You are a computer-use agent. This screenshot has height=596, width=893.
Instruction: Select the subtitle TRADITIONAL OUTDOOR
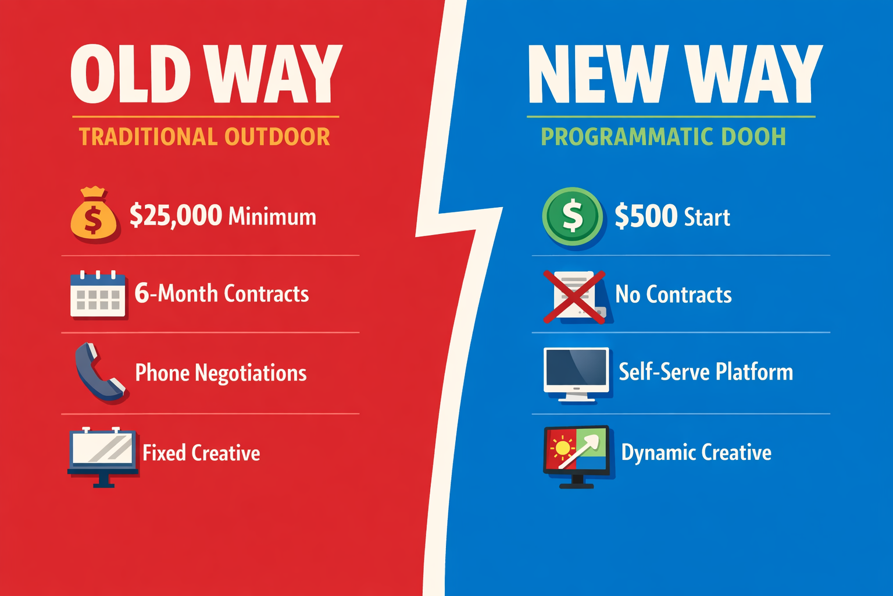tap(205, 137)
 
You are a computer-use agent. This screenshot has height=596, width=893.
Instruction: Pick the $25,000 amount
tap(176, 215)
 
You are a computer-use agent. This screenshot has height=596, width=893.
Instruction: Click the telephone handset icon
tap(99, 372)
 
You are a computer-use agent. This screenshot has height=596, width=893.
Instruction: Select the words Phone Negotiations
tap(220, 373)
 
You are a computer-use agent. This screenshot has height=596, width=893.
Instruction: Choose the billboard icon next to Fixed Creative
tap(103, 454)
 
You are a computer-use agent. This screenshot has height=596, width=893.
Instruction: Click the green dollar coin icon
tap(573, 216)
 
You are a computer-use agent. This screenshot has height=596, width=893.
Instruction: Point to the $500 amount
tap(646, 216)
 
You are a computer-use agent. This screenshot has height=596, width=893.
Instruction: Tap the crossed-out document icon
tap(574, 296)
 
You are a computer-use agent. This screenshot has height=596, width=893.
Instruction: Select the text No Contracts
tap(673, 295)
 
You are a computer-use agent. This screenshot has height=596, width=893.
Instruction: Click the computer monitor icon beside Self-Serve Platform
tap(576, 373)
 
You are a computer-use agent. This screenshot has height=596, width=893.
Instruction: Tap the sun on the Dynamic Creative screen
tap(562, 448)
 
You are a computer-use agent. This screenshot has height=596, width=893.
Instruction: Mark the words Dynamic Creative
tap(696, 452)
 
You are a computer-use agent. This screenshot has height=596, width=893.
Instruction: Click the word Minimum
tap(272, 217)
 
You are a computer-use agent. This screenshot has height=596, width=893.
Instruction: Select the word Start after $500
tap(706, 217)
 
